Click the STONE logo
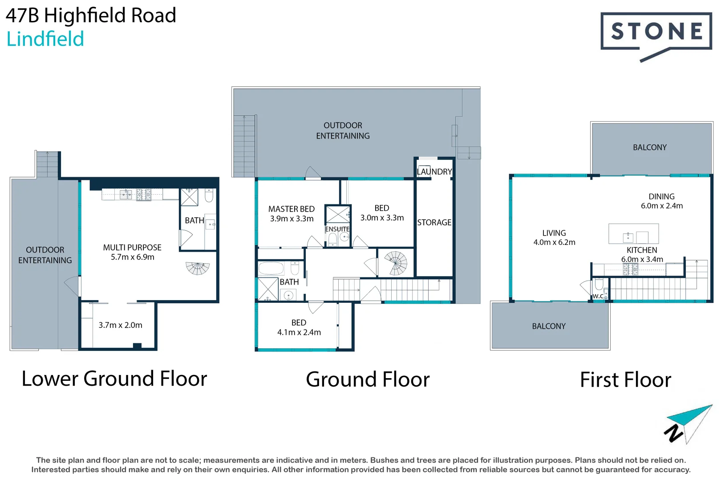(656, 32)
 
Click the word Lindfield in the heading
(45, 39)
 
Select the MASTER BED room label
(291, 209)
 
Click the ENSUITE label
(337, 229)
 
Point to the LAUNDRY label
(434, 171)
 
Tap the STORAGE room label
(434, 222)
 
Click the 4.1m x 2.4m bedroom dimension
(299, 332)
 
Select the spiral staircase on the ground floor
(396, 263)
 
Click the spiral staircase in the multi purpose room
(198, 268)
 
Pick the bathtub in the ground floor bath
(271, 268)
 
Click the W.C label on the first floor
(598, 296)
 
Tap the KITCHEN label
(641, 250)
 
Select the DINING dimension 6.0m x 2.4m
(661, 206)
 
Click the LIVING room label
(554, 233)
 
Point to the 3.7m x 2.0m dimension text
(120, 325)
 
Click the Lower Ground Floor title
(114, 379)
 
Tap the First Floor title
(625, 380)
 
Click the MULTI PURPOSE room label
(132, 247)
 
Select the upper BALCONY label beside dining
(649, 147)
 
